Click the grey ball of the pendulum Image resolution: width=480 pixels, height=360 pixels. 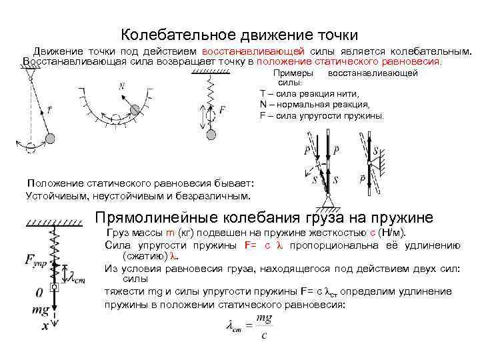coord(50,138)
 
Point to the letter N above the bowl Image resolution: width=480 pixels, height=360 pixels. coord(122,86)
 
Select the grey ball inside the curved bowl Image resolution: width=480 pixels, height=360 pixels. coord(135,109)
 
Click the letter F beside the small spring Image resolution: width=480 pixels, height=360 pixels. coord(222,109)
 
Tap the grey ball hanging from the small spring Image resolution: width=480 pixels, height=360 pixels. coord(211,133)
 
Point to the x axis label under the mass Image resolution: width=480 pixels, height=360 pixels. coord(45,326)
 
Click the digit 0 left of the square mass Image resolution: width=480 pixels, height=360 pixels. coord(39,291)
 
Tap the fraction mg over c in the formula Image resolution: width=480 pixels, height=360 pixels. coord(263,325)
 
